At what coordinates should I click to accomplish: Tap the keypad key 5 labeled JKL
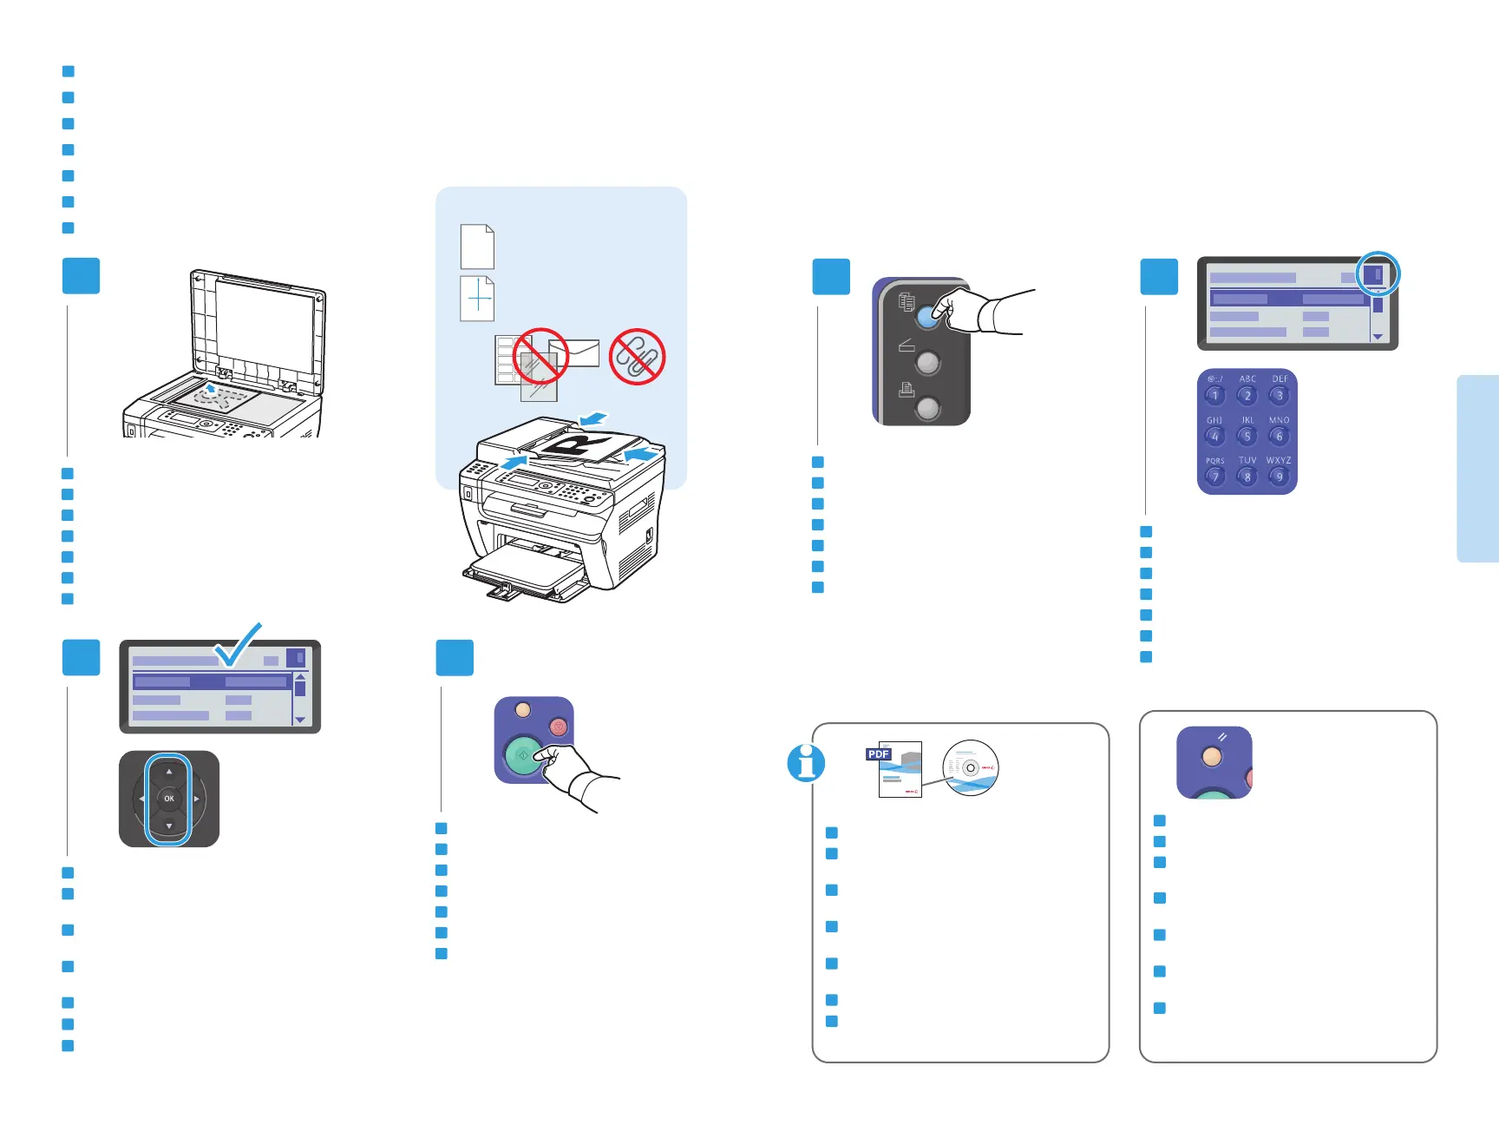pos(1247,436)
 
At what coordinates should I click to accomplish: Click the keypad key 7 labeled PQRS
pos(1214,477)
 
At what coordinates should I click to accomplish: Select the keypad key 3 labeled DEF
pos(1279,395)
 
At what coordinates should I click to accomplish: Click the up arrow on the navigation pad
pos(169,771)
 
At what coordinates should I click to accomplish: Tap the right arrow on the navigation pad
pos(197,799)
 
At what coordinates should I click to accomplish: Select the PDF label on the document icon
pos(879,754)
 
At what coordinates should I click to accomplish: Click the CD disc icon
pos(971,767)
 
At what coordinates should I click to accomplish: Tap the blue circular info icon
pos(806,763)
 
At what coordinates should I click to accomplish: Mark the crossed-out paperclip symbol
pos(637,356)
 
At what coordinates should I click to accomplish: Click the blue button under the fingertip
pos(927,316)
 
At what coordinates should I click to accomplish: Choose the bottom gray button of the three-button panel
pos(927,407)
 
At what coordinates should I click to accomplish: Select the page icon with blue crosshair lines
pos(477,299)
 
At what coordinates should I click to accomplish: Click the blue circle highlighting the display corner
pos(1378,274)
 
